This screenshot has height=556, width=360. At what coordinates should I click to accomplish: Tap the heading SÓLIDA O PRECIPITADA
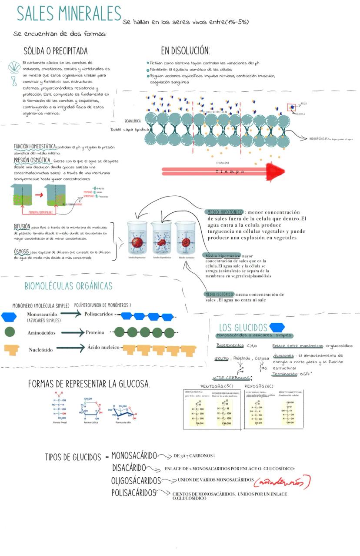coord(56,51)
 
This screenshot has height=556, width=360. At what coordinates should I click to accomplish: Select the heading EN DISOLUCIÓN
coord(185,51)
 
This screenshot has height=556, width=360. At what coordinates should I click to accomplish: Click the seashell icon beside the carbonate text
coord(14,67)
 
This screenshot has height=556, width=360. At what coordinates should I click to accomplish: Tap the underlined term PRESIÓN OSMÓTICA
coord(32,160)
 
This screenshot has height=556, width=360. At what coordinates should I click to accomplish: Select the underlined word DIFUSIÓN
coord(22,227)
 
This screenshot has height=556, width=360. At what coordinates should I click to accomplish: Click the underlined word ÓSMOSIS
coord(21,251)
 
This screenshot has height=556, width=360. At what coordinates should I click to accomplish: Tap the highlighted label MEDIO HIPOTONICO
coord(225,212)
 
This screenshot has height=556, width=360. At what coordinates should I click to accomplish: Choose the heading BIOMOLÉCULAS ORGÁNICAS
coord(68,286)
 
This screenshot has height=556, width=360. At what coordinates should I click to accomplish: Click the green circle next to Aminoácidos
coord(10,332)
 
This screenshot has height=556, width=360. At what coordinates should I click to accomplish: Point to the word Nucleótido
coord(41,350)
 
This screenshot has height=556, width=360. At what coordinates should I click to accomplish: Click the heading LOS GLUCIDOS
coord(243,328)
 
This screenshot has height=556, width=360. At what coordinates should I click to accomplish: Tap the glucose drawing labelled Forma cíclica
coord(90,408)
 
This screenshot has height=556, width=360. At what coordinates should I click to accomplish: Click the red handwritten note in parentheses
coord(282,482)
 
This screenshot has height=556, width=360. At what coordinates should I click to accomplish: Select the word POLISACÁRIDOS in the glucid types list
coord(133,493)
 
